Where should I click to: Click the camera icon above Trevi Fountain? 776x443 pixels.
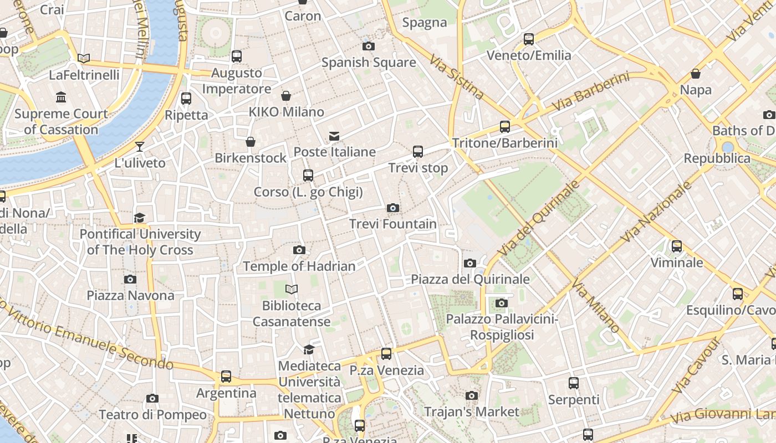coord(393,208)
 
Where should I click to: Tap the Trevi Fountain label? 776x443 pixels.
coord(393,224)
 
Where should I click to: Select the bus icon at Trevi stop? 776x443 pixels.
coord(418,151)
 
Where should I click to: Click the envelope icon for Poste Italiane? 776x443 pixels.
coord(334,136)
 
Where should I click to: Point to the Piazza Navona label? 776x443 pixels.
coord(130,295)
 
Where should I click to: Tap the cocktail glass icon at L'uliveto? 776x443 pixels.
coord(140,147)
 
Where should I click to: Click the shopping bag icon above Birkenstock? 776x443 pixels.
coord(251,142)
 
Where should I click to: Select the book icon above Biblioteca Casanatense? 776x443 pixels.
coord(292,289)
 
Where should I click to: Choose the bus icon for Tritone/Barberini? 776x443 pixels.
coord(505,126)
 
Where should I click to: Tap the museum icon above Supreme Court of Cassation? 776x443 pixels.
coord(61,98)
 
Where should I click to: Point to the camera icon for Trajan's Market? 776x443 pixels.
coord(472,395)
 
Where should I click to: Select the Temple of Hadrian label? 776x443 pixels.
coord(299,266)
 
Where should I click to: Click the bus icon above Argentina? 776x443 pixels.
coord(226,377)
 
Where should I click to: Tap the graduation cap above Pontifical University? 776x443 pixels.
coord(140,218)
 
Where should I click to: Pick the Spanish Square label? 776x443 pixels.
coord(369,63)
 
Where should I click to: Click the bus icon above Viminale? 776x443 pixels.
coord(677,246)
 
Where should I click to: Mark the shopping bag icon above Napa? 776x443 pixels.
coord(696,74)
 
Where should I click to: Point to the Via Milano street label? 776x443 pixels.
coord(596,308)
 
